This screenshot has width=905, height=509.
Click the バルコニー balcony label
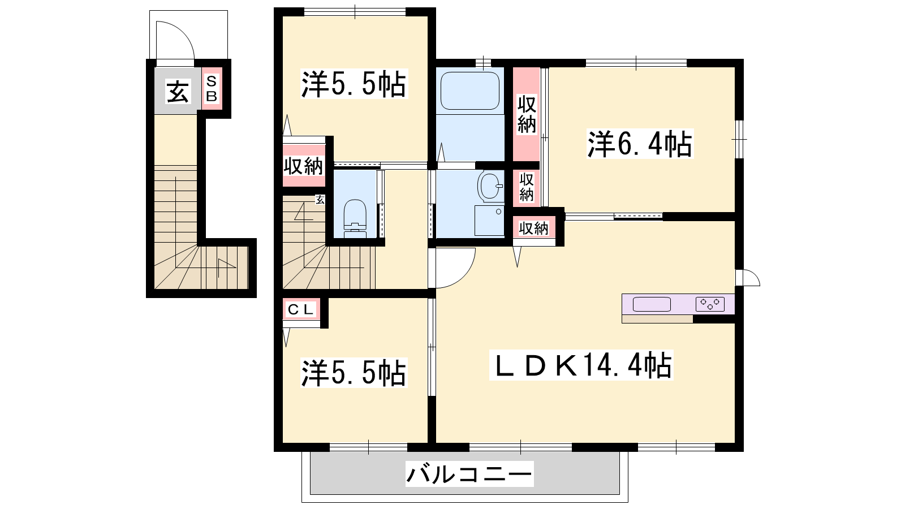[x=469, y=474]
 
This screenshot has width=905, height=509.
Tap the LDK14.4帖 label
[x=581, y=365]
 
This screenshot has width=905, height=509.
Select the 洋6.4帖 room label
[x=640, y=144]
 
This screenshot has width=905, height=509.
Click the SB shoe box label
[x=212, y=89]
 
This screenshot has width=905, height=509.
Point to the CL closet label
[x=300, y=310]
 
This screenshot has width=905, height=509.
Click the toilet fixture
[x=355, y=218]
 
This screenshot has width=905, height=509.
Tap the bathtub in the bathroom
[x=469, y=91]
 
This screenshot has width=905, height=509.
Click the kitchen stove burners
[x=710, y=304]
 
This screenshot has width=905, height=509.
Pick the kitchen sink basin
[x=652, y=304]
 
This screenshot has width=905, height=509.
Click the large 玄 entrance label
[x=178, y=92]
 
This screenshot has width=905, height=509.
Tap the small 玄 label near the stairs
[x=320, y=200]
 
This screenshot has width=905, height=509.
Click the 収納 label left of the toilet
[x=303, y=166]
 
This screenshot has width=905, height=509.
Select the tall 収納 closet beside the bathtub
[x=527, y=114]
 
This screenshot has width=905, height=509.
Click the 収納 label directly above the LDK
[x=534, y=228]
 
